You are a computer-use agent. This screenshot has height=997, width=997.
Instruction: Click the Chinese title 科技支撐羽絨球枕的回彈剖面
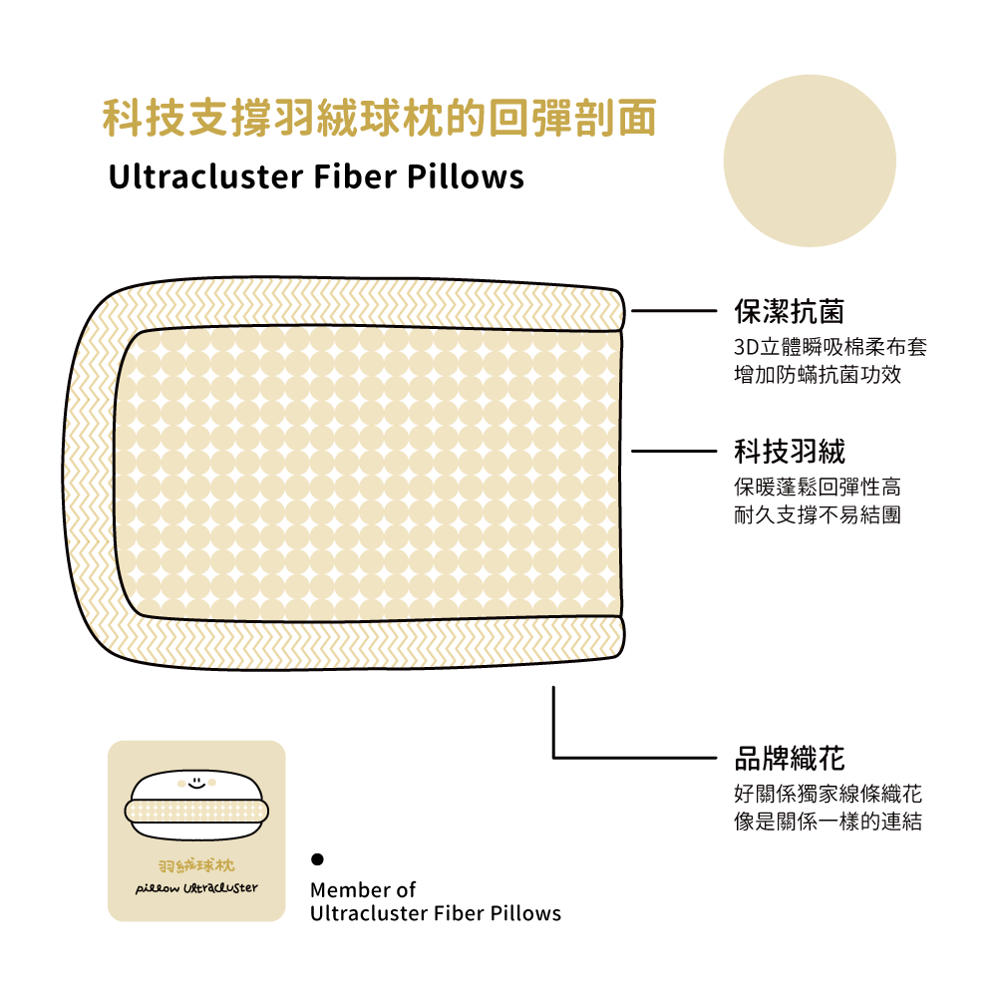380,118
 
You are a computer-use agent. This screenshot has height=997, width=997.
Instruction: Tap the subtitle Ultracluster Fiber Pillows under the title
315,177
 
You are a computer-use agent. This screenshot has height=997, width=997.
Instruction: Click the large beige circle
810,162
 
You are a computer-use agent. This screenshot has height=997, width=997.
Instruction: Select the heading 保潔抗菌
789,312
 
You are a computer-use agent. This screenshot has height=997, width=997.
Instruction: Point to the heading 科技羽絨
789,452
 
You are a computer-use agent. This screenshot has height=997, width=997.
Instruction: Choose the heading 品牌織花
789,759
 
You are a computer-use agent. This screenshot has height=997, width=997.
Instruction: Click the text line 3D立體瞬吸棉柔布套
830,348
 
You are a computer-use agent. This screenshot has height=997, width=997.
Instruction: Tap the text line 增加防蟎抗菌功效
817,376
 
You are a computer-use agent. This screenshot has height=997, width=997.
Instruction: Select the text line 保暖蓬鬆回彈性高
817,488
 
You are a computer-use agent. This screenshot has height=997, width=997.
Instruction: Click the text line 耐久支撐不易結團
817,515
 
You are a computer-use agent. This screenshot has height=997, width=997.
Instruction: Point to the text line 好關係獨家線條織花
827,795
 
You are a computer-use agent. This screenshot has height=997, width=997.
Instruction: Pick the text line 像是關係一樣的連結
827,823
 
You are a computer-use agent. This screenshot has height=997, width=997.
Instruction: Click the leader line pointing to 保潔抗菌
673,311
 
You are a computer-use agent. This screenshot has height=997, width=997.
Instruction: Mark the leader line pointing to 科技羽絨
673,452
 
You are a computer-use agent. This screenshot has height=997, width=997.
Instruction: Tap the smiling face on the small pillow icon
196,783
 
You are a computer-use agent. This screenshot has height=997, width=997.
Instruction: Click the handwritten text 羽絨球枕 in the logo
196,863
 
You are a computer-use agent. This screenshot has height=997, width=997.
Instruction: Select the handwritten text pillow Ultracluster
196,887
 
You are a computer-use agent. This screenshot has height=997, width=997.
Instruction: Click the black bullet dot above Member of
317,858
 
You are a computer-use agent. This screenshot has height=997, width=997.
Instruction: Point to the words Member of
363,889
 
